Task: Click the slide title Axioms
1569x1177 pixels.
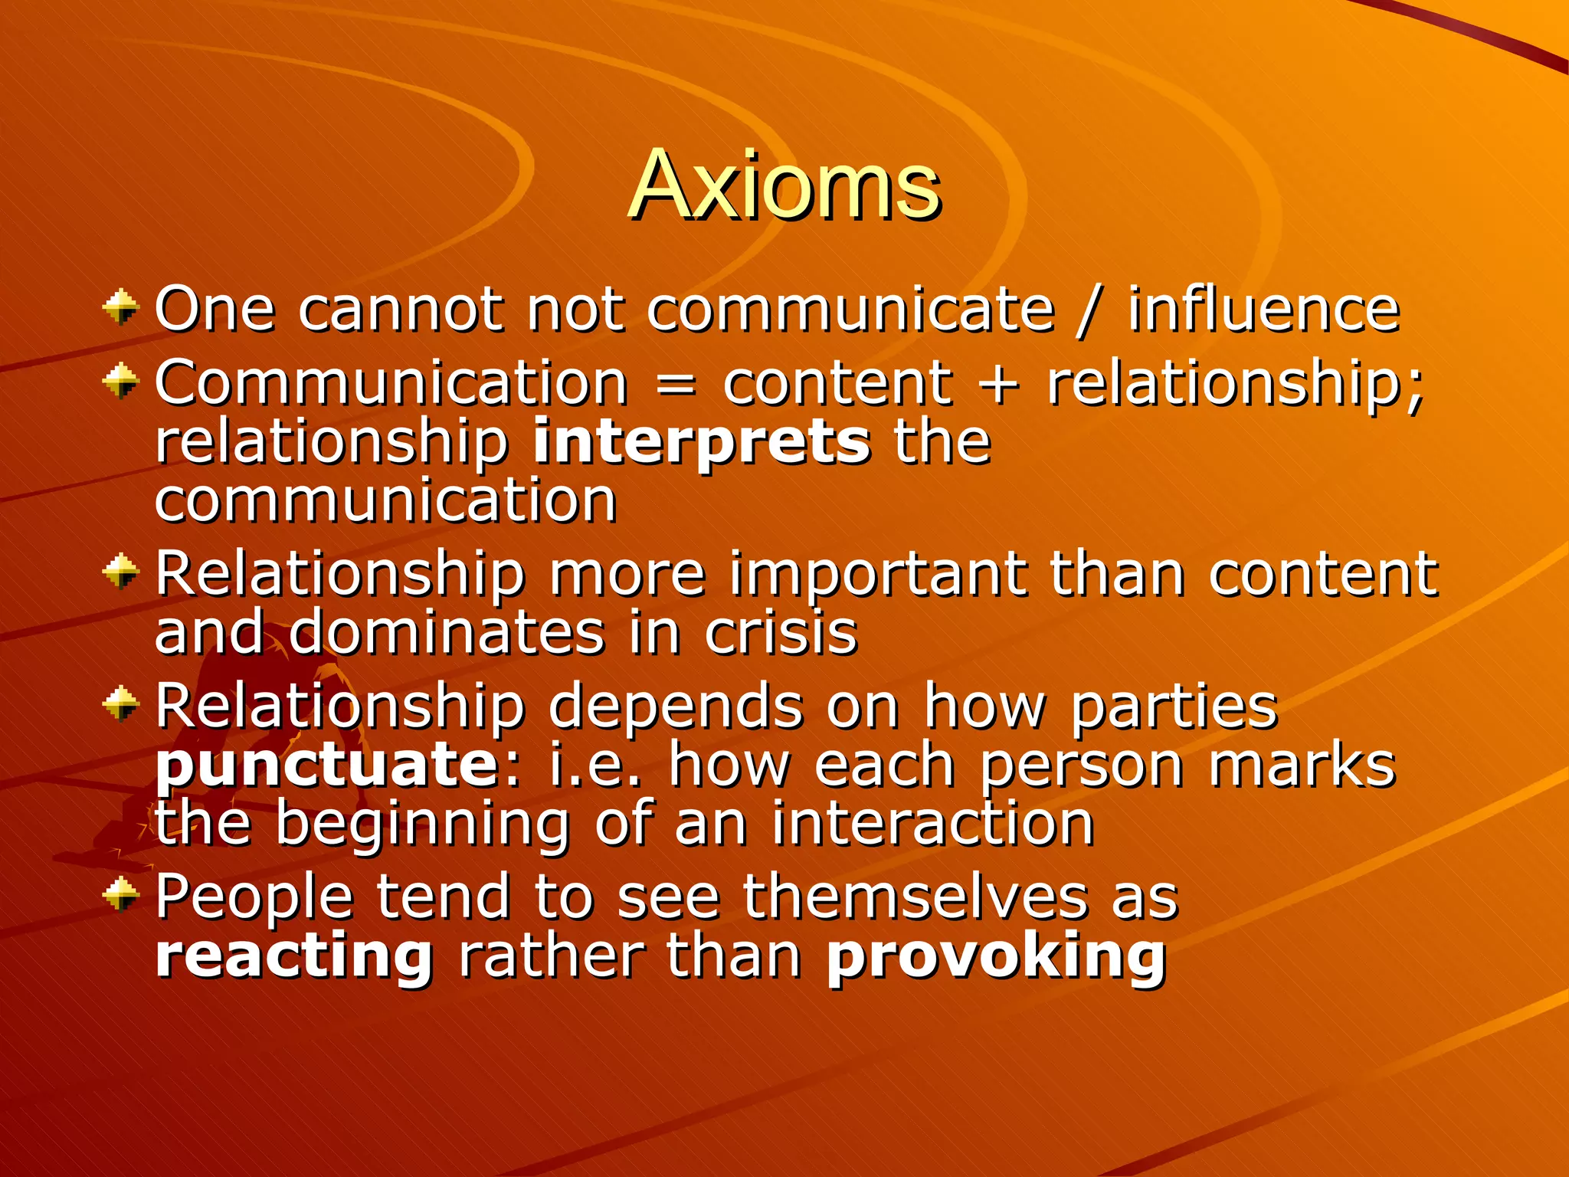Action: (784, 186)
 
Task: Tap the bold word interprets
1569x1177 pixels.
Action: (701, 444)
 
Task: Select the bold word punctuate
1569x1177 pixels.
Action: (328, 766)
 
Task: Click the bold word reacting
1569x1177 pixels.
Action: (294, 957)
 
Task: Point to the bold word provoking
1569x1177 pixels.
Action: (996, 957)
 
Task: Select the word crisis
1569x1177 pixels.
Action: (781, 634)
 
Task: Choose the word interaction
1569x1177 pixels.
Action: (932, 824)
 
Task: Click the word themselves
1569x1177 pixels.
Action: (915, 897)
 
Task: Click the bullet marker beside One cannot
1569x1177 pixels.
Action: (121, 308)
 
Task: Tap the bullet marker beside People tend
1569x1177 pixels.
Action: (121, 893)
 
